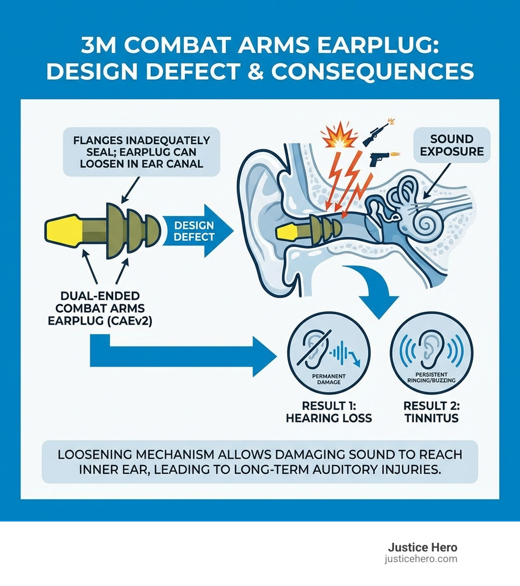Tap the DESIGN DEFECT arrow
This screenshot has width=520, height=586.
tap(196, 231)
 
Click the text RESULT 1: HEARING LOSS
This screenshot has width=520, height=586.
tap(329, 412)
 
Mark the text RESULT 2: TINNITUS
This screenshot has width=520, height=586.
tap(431, 412)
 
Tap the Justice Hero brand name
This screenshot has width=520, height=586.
tap(422, 547)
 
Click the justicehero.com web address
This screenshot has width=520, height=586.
tap(421, 559)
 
